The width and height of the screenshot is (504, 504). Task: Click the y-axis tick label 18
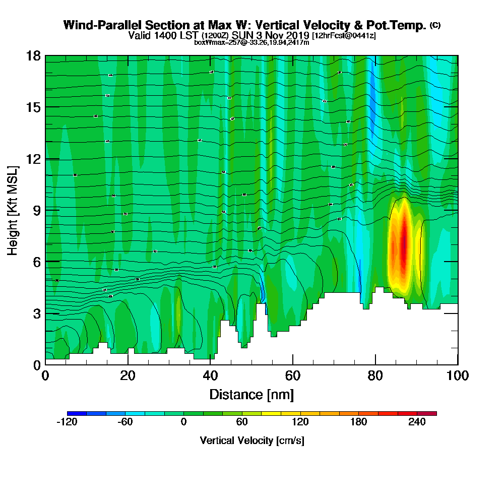33,55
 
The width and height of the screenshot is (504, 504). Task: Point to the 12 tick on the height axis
33,159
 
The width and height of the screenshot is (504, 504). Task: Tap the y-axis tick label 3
36,313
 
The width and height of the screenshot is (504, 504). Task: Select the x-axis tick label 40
210,376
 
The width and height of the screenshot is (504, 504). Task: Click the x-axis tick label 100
457,376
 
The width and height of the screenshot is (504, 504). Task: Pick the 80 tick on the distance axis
375,376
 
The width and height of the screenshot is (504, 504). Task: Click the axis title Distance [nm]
251,394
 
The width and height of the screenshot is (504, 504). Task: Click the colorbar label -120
67,423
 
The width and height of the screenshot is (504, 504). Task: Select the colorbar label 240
417,423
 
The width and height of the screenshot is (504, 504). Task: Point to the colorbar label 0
184,423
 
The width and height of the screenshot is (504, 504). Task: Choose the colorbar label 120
300,423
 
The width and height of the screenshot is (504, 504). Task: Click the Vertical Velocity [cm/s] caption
251,440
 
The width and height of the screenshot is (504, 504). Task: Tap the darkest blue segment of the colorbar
77,413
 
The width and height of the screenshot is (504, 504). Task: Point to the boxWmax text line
251,42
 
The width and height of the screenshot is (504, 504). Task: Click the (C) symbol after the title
435,25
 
